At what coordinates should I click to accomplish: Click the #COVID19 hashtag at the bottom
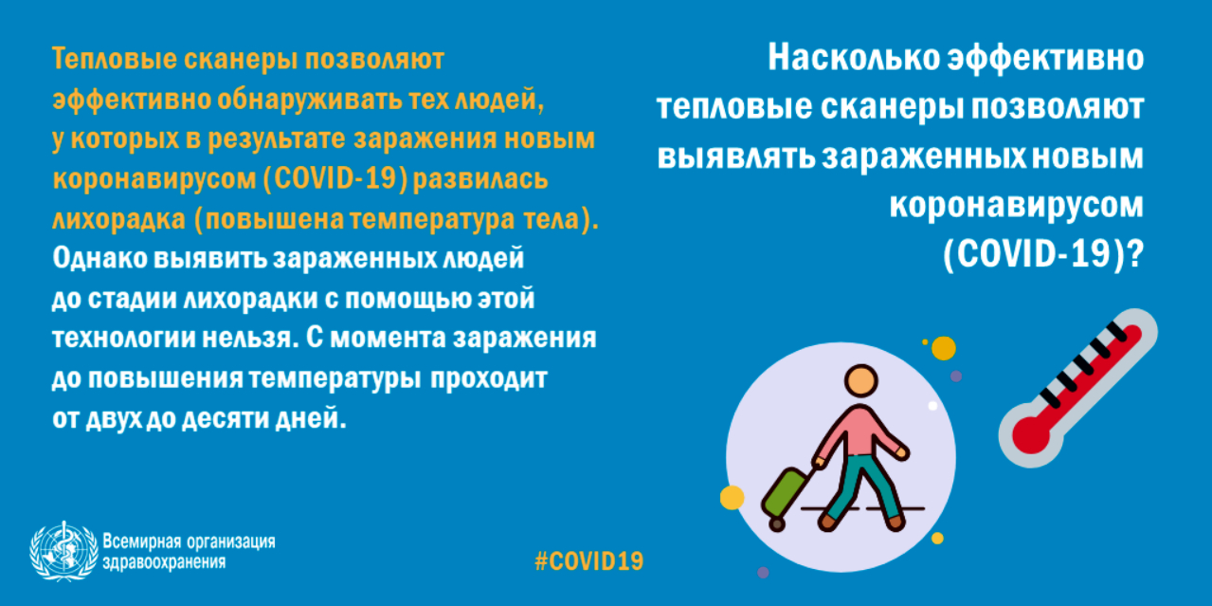point(588,561)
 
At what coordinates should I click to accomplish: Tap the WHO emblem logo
point(63,551)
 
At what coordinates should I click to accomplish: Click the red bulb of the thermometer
point(1031,435)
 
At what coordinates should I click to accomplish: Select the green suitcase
point(785,492)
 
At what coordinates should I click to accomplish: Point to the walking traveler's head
point(860,380)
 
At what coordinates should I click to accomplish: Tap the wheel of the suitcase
point(777,523)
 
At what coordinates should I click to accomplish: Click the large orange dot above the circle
point(943,348)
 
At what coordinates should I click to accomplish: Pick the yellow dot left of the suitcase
point(733,498)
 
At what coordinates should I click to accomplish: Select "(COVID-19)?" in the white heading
point(1043,253)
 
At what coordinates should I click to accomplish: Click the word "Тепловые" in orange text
point(114,59)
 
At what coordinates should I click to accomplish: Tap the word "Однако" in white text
point(100,258)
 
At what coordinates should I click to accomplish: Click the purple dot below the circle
point(763,572)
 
